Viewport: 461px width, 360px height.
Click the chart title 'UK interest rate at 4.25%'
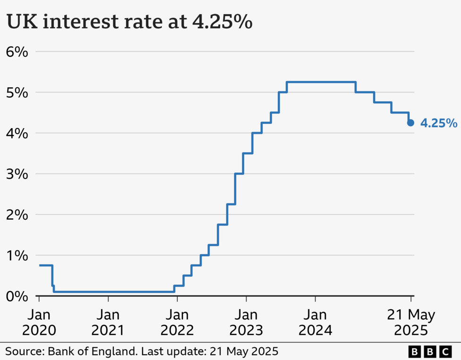click(x=129, y=23)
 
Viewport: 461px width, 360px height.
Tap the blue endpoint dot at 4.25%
click(x=410, y=123)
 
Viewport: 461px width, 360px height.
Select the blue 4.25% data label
click(x=438, y=124)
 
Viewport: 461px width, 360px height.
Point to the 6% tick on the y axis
click(x=17, y=51)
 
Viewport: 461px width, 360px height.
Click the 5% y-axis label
click(x=17, y=93)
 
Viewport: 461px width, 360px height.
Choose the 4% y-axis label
click(x=17, y=133)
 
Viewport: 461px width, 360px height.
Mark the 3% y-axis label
click(x=17, y=174)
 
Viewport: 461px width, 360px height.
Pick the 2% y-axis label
click(x=17, y=214)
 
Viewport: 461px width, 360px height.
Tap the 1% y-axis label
click(x=17, y=256)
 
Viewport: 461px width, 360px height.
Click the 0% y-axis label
click(x=17, y=296)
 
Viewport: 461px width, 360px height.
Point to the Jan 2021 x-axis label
click(x=108, y=322)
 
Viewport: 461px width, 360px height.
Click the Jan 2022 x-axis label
click(x=177, y=322)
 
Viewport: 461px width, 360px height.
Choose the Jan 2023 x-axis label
click(x=247, y=322)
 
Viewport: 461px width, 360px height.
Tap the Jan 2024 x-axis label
click(x=316, y=322)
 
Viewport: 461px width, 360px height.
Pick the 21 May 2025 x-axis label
click(x=410, y=322)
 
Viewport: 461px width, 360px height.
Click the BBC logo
click(x=430, y=351)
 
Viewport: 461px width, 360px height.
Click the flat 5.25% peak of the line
click(x=321, y=82)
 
